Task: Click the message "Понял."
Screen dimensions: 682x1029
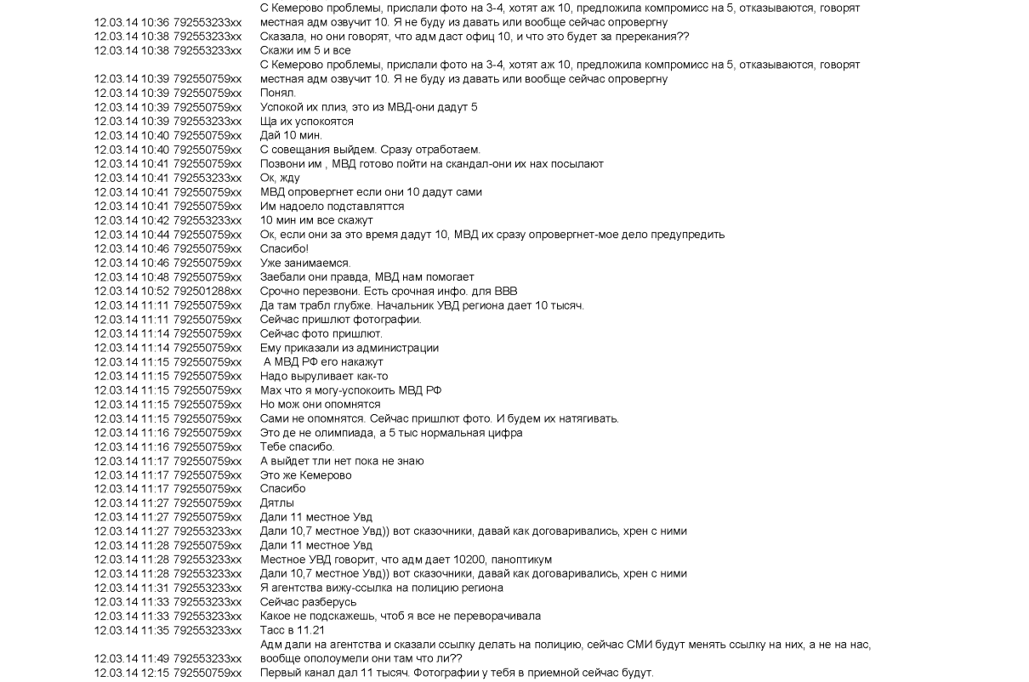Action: (277, 93)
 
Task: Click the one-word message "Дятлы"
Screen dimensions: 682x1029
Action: (277, 503)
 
